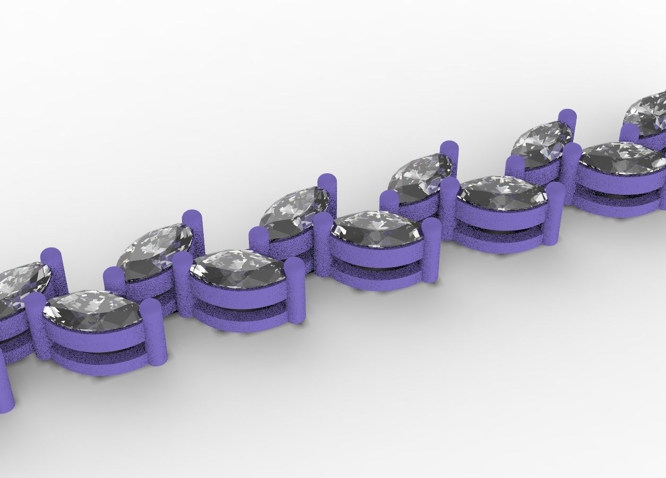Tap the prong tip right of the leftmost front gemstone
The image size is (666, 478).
click(x=153, y=308)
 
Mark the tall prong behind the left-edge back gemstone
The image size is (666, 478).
click(x=53, y=258)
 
